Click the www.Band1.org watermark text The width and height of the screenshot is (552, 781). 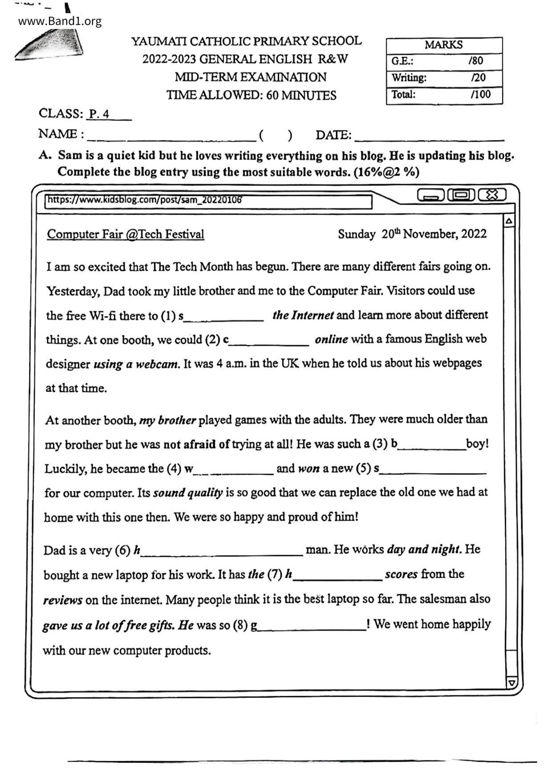60,21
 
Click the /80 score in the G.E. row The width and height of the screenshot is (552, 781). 475,61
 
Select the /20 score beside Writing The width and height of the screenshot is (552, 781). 478,78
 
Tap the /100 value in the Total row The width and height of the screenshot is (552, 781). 480,94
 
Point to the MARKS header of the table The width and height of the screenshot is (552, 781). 443,45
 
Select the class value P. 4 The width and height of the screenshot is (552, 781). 99,114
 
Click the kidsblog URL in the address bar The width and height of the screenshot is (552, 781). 145,199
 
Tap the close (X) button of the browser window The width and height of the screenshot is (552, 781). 492,195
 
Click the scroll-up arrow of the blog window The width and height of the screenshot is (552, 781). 509,221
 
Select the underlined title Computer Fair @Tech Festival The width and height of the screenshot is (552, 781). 126,234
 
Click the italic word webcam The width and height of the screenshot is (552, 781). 157,364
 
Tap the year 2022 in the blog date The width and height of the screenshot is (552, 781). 474,234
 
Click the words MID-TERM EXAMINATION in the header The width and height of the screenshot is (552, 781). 251,77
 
